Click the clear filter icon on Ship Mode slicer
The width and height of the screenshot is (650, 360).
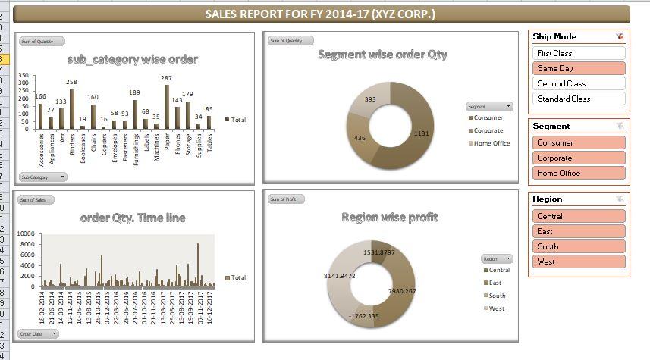coord(620,36)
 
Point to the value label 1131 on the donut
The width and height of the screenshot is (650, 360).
coord(421,133)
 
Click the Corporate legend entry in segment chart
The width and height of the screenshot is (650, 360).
coord(488,130)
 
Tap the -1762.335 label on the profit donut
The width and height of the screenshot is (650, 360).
coord(363,316)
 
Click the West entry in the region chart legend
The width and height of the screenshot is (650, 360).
coord(497,308)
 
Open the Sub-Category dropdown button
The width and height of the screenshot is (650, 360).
coord(42,177)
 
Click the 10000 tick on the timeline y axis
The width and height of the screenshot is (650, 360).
coord(26,234)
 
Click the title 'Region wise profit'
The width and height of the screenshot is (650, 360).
coord(390,218)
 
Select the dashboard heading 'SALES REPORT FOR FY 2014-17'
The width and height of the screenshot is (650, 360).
coord(320,14)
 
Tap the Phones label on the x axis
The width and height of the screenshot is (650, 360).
coord(177,143)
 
